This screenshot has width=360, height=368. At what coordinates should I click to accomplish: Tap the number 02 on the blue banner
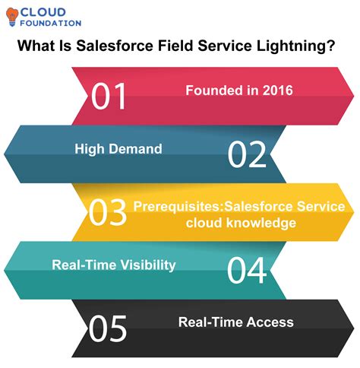(248, 154)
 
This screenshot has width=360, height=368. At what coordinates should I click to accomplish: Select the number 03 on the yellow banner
(108, 212)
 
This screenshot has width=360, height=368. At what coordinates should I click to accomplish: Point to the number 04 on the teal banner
(248, 270)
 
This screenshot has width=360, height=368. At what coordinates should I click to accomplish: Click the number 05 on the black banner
(108, 328)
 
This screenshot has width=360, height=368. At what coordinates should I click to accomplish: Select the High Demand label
(118, 149)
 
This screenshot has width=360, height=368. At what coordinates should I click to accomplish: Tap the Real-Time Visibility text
(114, 265)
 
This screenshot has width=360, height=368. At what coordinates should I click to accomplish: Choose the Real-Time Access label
(235, 322)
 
